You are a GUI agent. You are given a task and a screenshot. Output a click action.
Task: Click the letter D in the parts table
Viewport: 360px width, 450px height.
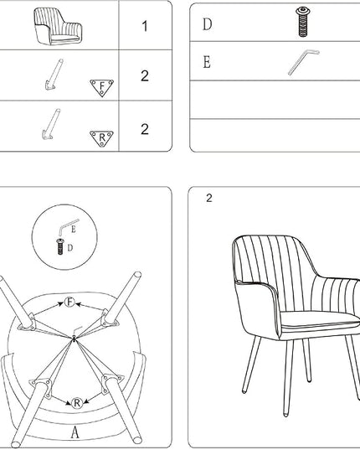click(208, 24)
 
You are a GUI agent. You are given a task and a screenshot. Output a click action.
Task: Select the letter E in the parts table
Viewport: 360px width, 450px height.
click(207, 62)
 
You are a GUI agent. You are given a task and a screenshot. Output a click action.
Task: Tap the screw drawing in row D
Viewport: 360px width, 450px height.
click(303, 23)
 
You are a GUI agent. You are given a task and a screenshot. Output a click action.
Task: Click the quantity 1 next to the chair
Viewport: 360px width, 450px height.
click(145, 26)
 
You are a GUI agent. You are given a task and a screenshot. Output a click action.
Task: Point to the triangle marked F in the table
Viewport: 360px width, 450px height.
click(102, 87)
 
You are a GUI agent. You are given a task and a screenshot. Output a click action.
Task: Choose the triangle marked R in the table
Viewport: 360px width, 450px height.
click(102, 138)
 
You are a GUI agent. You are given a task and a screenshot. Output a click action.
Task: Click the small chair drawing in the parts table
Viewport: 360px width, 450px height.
click(58, 27)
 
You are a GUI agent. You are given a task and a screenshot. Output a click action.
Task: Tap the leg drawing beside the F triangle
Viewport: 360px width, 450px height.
click(54, 75)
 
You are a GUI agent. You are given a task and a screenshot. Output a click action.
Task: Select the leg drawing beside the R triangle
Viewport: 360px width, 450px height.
click(52, 124)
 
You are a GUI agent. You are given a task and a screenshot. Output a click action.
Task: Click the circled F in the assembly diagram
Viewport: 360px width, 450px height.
click(69, 302)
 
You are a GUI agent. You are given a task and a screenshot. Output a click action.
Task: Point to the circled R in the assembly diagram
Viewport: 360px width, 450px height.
click(76, 403)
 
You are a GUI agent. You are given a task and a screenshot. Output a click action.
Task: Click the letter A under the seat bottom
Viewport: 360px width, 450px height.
click(75, 432)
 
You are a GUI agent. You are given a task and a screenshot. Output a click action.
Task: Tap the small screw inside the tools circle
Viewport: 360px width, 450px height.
click(60, 246)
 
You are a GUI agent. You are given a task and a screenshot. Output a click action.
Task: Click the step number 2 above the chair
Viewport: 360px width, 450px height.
click(209, 198)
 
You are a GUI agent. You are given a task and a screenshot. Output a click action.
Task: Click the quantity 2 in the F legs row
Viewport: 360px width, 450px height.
click(145, 75)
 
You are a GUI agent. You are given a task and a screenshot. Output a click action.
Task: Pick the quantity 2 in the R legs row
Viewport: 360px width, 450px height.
click(145, 129)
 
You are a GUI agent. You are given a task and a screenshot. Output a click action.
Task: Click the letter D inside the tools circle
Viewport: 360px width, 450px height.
click(70, 248)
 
